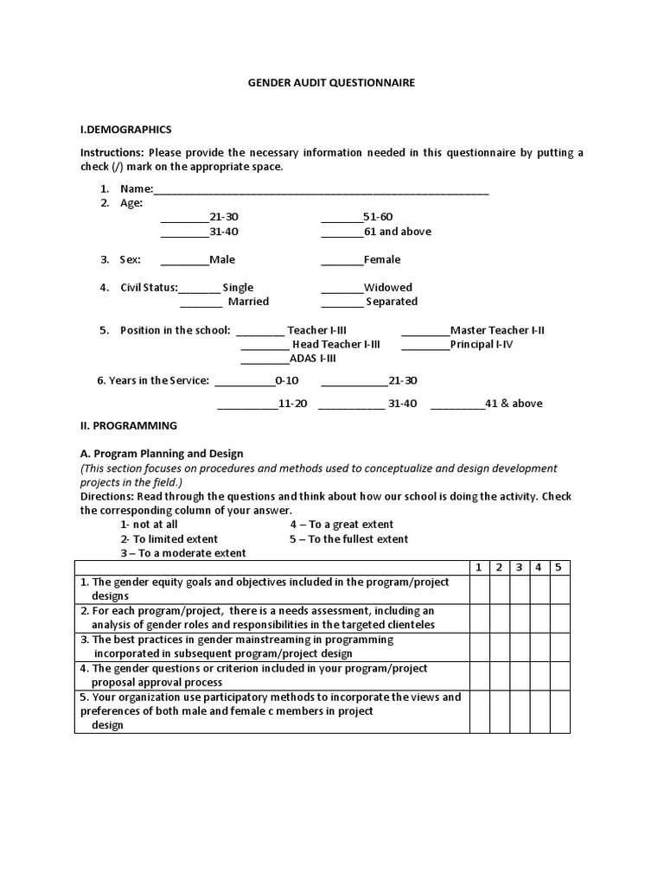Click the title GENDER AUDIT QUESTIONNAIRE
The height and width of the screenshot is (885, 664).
332,83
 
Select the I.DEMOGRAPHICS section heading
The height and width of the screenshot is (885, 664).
126,130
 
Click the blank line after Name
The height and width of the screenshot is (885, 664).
321,189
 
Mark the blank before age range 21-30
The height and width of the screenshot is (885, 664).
184,218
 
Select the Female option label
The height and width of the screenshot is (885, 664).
382,259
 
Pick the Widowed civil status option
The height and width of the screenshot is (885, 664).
387,288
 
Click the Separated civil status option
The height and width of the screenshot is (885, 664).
391,302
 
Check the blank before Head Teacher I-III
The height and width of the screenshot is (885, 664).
264,345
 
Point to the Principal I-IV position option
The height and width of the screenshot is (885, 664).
481,344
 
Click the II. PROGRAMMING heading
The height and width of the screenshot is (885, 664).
129,425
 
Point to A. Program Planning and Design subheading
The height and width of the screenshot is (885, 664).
162,453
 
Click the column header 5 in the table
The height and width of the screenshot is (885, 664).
559,567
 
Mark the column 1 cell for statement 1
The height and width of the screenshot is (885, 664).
480,589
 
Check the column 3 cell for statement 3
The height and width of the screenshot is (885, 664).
520,646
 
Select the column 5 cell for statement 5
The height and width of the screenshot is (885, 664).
559,711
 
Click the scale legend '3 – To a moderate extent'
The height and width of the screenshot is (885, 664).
183,552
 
